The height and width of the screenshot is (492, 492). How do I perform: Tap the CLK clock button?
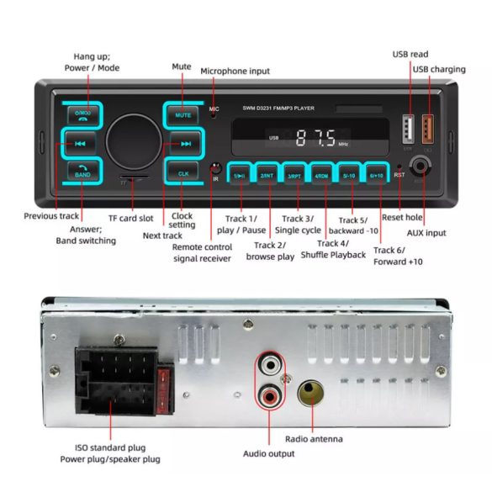pos(183,172)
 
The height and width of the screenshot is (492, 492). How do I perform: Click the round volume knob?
pos(133,140)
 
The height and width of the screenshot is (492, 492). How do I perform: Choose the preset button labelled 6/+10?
pos(375,176)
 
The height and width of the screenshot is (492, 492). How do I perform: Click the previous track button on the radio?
pos(80,143)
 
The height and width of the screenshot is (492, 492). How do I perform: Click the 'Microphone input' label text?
pos(235,71)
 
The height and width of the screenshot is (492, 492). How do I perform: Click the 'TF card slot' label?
pos(130,218)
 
